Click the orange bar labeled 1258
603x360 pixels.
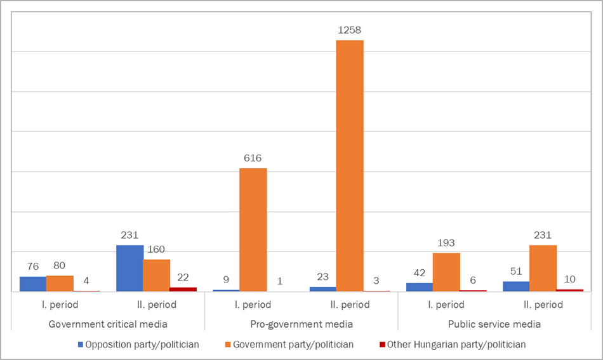coord(350,166)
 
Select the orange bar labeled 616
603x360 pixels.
coord(253,230)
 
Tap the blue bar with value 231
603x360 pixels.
coord(130,268)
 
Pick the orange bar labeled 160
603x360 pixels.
coord(156,276)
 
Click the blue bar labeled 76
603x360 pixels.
coord(33,284)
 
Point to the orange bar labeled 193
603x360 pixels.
coord(446,272)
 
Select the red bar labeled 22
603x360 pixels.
coord(183,289)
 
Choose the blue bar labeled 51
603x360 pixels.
coord(516,286)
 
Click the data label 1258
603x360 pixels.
coord(350,30)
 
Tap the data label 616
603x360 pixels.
coord(253,158)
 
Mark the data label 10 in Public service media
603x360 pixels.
coord(569,279)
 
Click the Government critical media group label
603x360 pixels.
coord(108,324)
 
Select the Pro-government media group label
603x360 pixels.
coord(301,324)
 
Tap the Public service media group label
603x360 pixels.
coord(494,324)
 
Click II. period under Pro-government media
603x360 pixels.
coord(350,305)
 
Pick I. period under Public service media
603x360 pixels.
coord(446,305)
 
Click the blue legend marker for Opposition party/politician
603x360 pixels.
coord(81,345)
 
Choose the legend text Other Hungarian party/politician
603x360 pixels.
coord(456,345)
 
